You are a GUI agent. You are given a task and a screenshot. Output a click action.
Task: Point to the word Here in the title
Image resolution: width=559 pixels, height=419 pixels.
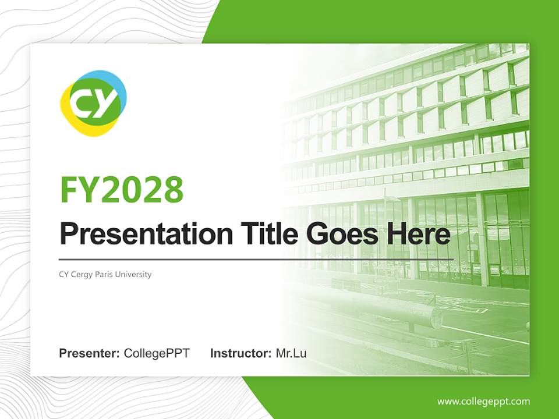[x=418, y=235]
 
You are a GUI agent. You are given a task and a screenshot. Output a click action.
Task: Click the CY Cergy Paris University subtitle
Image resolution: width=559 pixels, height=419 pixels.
[x=105, y=274]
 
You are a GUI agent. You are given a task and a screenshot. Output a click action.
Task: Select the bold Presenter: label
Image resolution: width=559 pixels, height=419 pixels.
[x=90, y=353]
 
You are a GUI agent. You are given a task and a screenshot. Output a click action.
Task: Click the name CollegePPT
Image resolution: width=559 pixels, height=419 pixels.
[x=157, y=353]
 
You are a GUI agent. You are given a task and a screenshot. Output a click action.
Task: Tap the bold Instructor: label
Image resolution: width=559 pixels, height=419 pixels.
[x=240, y=353]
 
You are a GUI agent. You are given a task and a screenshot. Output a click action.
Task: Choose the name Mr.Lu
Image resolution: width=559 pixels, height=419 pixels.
[x=291, y=353]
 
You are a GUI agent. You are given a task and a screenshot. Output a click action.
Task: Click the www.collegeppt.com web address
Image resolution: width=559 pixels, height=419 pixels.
[x=483, y=401]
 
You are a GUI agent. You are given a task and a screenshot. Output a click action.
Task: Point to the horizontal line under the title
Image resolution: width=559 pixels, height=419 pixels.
[x=256, y=259]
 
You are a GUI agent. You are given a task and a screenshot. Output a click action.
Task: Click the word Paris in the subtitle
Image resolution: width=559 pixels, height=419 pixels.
[x=108, y=274]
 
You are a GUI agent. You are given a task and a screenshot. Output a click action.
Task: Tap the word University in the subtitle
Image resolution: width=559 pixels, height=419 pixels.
[x=136, y=274]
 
